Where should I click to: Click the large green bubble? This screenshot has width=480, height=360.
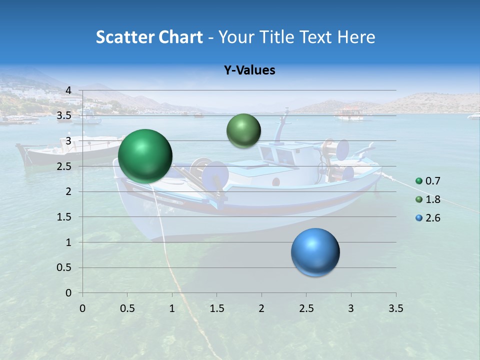(x=145, y=156)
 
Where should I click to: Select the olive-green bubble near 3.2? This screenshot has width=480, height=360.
(x=243, y=130)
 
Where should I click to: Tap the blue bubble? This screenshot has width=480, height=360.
(x=315, y=252)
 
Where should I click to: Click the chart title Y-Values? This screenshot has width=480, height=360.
(x=249, y=70)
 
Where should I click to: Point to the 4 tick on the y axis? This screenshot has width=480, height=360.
(x=69, y=90)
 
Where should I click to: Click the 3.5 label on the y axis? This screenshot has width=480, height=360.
(x=64, y=116)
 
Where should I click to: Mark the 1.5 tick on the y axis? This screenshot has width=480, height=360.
(x=64, y=217)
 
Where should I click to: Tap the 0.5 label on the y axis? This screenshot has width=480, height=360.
(x=64, y=267)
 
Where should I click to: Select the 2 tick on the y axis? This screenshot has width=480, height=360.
(x=69, y=191)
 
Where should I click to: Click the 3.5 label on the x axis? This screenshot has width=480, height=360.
(x=395, y=308)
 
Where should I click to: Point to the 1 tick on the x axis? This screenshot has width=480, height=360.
(x=172, y=308)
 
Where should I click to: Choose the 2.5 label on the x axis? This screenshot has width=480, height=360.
(x=306, y=308)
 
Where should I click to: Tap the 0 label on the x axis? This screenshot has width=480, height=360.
(x=82, y=308)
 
